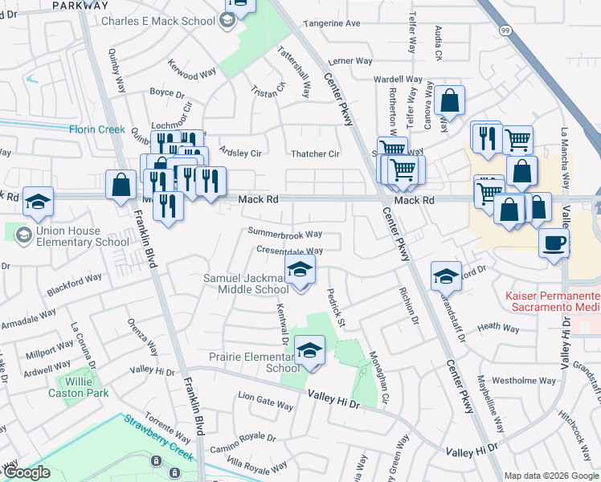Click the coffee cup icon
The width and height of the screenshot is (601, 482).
[x=554, y=243]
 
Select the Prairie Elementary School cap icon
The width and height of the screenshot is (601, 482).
[x=309, y=349]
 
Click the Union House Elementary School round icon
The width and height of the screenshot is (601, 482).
[x=22, y=234]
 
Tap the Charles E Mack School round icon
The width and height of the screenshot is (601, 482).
[x=227, y=22]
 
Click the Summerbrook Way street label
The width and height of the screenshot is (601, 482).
[x=284, y=235]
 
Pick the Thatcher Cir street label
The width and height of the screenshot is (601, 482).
[x=315, y=153]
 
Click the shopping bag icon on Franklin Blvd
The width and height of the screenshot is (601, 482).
[x=121, y=185]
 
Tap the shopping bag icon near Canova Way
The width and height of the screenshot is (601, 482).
[x=451, y=101]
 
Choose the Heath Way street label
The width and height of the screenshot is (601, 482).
[x=499, y=328]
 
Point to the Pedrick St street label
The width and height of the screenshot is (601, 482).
[x=334, y=308]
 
